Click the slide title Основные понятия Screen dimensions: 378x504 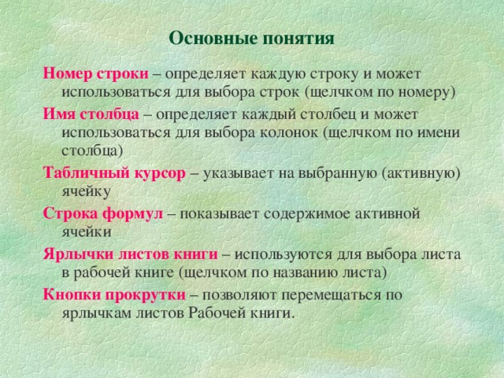coord(252,39)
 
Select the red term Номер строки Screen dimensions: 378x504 coord(95,73)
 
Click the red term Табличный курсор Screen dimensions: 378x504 coord(114,172)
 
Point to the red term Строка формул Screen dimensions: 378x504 coord(102,213)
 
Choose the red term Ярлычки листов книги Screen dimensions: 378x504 coord(130,254)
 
